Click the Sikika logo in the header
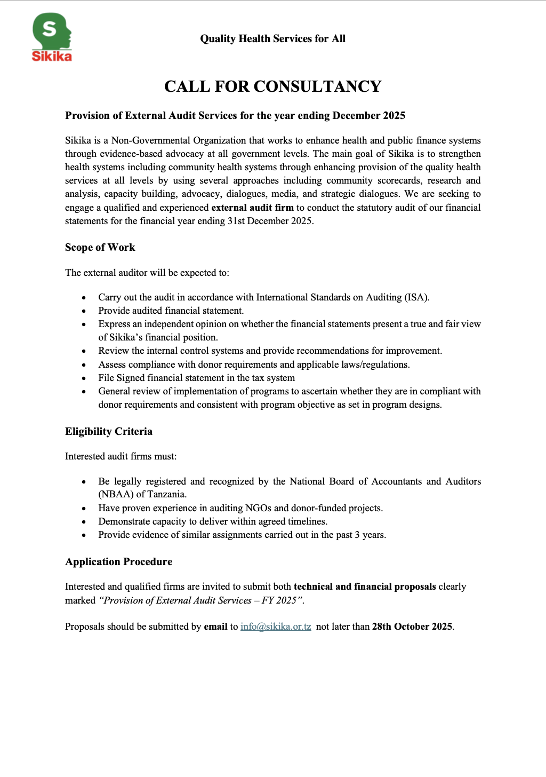pyautogui.click(x=52, y=37)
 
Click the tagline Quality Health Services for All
pyautogui.click(x=272, y=38)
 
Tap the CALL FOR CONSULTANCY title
pyautogui.click(x=272, y=86)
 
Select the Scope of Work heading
pyautogui.click(x=100, y=248)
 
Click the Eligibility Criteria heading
pyautogui.click(x=109, y=432)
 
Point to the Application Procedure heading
pyautogui.click(x=118, y=562)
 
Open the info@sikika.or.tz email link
pyautogui.click(x=276, y=627)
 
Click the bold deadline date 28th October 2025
pyautogui.click(x=412, y=627)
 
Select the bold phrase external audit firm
pyautogui.click(x=252, y=208)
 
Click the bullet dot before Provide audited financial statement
pyautogui.click(x=84, y=311)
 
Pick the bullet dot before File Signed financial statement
pyautogui.click(x=84, y=378)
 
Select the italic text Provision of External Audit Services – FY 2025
pyautogui.click(x=201, y=600)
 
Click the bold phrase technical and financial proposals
pyautogui.click(x=365, y=586)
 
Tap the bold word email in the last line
pyautogui.click(x=215, y=627)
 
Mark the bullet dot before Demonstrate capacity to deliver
pyautogui.click(x=84, y=522)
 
